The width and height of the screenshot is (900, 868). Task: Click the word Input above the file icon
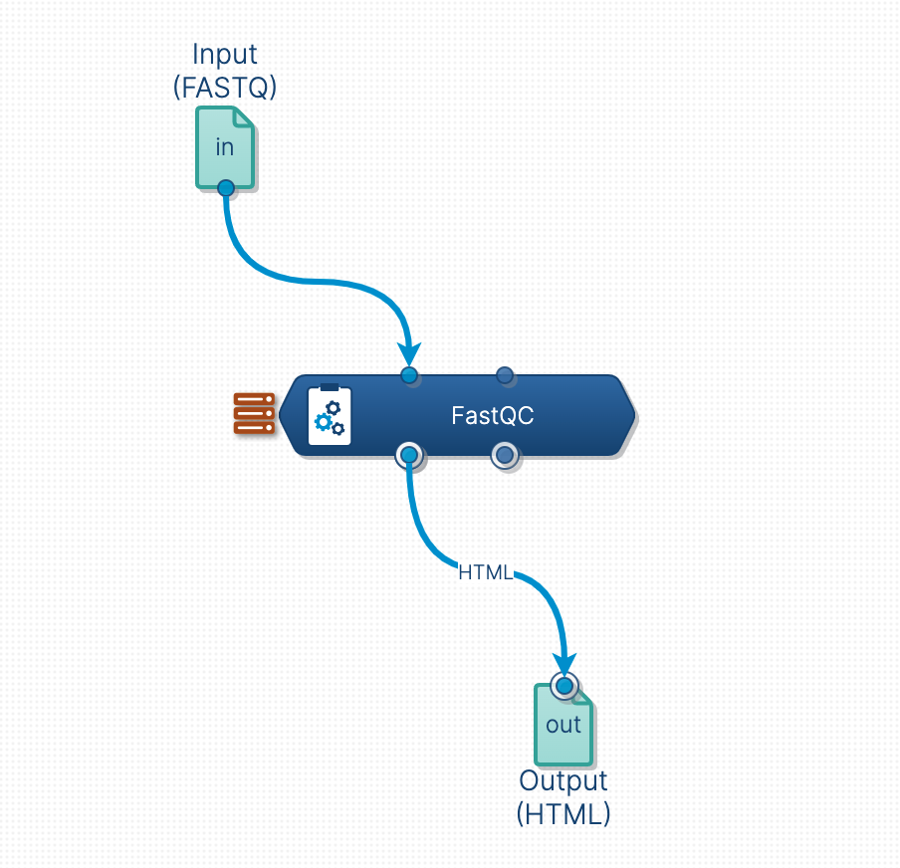click(x=225, y=54)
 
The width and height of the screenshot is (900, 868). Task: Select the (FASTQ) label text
click(x=225, y=88)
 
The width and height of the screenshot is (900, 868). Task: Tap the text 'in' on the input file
click(x=225, y=146)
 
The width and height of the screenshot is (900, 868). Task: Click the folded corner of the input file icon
click(x=245, y=115)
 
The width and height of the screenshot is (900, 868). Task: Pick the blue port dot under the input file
click(x=226, y=187)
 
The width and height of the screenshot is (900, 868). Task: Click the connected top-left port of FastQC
click(x=409, y=375)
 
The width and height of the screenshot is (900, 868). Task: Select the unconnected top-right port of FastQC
click(x=505, y=375)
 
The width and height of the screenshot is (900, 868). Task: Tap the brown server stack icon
click(x=254, y=413)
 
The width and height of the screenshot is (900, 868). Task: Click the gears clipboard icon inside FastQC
click(x=330, y=415)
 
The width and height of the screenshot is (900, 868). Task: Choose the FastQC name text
click(x=493, y=416)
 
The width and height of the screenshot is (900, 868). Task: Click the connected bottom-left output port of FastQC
click(x=408, y=456)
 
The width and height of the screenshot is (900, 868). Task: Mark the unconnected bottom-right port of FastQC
click(x=505, y=456)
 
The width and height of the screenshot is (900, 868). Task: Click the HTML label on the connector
click(x=485, y=572)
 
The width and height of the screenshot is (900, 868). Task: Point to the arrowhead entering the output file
click(x=564, y=663)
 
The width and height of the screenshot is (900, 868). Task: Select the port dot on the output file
click(x=564, y=686)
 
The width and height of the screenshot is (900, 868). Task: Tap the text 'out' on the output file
click(x=563, y=725)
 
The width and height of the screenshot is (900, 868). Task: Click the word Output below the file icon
click(x=563, y=780)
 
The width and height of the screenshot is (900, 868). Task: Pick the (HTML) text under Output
click(x=563, y=813)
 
